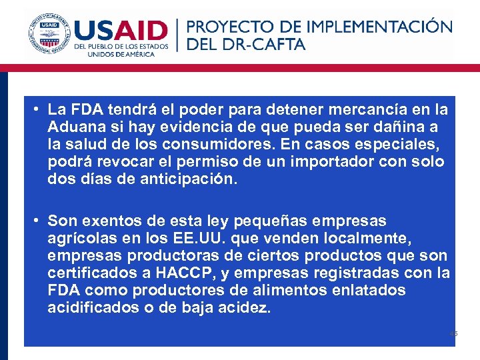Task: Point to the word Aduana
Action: click(x=75, y=127)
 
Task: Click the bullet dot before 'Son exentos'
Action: click(x=39, y=220)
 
